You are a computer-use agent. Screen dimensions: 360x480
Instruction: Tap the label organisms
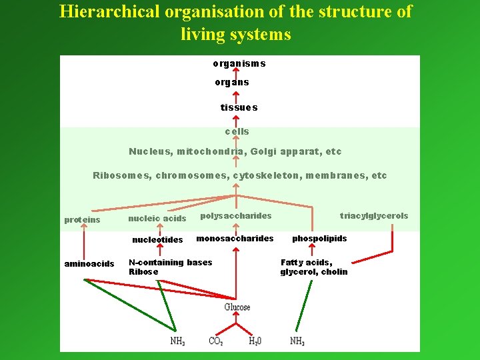click(x=239, y=63)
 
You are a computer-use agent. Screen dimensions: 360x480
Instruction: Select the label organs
click(x=232, y=82)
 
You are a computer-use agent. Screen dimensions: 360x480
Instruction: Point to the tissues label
click(x=239, y=107)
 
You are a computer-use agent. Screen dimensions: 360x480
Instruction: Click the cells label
click(x=237, y=131)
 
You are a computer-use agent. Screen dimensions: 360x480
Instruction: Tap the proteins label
click(x=82, y=220)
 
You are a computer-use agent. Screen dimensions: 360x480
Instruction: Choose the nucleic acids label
click(x=157, y=219)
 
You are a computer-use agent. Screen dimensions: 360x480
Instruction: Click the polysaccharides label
click(x=236, y=216)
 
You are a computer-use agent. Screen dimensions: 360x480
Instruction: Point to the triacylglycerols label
click(x=374, y=216)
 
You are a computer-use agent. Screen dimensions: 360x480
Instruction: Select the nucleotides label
click(x=157, y=240)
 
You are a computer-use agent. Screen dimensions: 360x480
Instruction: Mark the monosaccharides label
click(x=235, y=239)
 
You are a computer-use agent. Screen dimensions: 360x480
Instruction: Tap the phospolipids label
click(x=319, y=239)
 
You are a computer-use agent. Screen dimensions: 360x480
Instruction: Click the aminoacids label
click(x=89, y=264)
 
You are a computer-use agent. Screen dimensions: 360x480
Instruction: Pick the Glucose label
click(x=237, y=307)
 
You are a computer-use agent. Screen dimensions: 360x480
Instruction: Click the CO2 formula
click(x=215, y=341)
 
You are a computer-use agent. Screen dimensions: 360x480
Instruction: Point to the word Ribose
click(x=143, y=272)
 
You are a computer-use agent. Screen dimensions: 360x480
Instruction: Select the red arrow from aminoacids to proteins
click(x=84, y=242)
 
